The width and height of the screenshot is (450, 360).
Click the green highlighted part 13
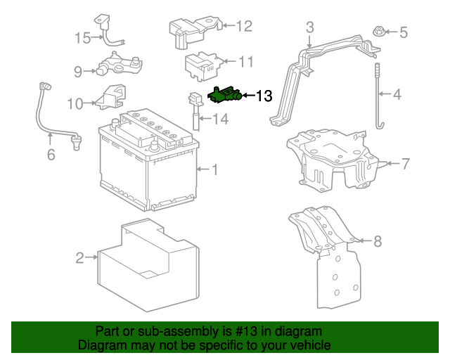click(x=225, y=94)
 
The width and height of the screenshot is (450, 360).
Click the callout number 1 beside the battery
click(x=215, y=169)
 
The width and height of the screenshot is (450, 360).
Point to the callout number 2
click(x=80, y=258)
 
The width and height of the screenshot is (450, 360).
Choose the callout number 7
click(x=405, y=165)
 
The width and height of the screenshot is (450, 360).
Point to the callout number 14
click(x=220, y=120)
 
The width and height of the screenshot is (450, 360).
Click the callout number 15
click(x=83, y=38)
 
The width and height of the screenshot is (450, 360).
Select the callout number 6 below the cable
click(x=51, y=154)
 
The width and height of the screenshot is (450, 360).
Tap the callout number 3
click(x=309, y=28)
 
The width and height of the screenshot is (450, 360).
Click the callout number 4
click(x=397, y=94)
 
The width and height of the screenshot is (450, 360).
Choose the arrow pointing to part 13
click(x=247, y=96)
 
